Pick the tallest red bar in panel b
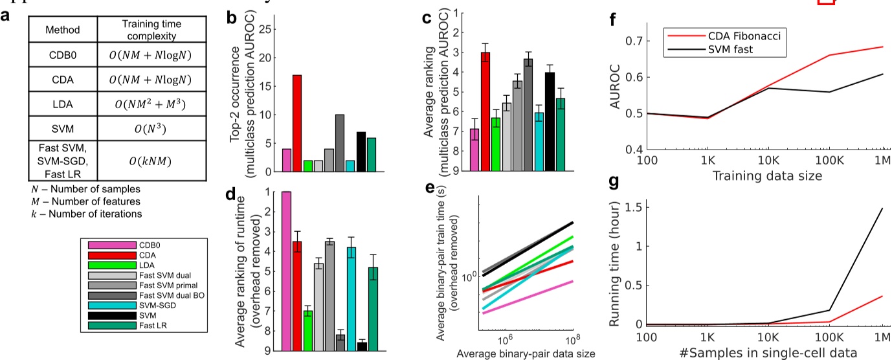(x=297, y=124)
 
